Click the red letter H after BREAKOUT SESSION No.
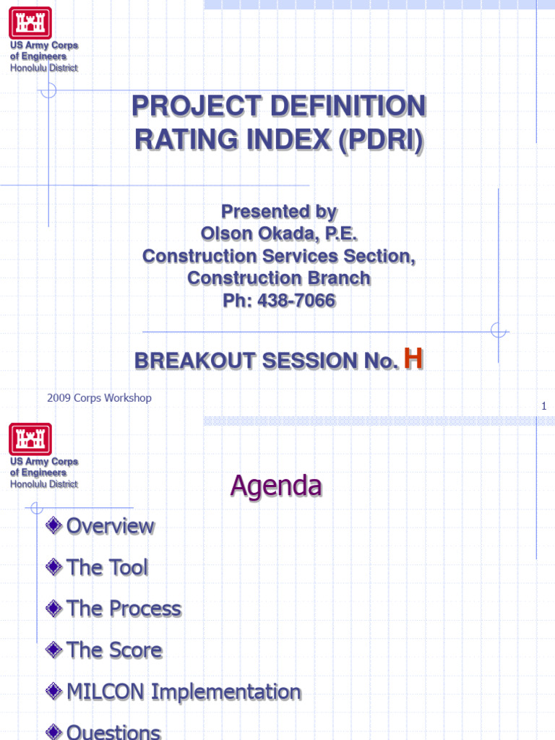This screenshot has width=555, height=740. click(x=413, y=358)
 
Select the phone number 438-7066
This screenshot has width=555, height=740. click(x=296, y=301)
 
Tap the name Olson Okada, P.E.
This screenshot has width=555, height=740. click(x=278, y=234)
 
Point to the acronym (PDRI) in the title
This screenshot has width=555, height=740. click(x=380, y=139)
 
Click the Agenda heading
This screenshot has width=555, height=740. click(x=275, y=486)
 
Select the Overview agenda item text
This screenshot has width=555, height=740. click(x=110, y=526)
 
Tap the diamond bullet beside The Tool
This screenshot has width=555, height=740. click(x=53, y=568)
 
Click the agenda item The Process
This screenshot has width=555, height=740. click(x=124, y=609)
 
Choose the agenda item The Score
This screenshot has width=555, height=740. click(x=114, y=650)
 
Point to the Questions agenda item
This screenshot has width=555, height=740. click(x=113, y=731)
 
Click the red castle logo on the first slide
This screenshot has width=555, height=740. click(x=30, y=22)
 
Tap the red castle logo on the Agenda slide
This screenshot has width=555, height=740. click(x=30, y=439)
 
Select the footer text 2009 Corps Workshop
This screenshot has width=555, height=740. click(x=99, y=397)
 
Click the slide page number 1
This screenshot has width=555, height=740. click(x=544, y=407)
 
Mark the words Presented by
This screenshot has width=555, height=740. click(x=278, y=212)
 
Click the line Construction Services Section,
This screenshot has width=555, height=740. click(x=278, y=257)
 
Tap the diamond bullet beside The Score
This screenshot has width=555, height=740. click(x=53, y=650)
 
